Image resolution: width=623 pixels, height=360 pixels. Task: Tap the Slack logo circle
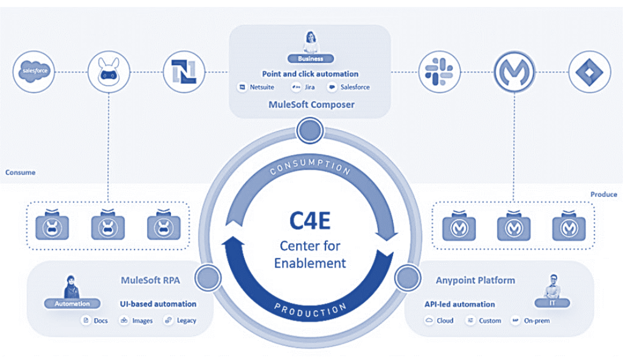pos(440,72)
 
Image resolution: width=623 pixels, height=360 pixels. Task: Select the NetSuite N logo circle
pos(184,72)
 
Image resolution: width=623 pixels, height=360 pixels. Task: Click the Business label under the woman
pos(311,59)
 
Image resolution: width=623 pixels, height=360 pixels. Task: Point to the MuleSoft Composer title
pos(311,104)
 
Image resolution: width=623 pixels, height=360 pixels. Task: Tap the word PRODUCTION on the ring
pos(310,308)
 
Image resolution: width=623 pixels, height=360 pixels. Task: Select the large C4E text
pos(310,220)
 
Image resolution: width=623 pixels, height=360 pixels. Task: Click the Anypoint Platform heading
pos(475,280)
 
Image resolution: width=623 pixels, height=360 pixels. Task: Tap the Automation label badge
pos(72,303)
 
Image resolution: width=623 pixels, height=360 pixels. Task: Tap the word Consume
pos(20,172)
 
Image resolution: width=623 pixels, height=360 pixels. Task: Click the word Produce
pos(604,194)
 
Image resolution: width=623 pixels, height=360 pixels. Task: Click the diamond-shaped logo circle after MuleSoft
pos(588,72)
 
